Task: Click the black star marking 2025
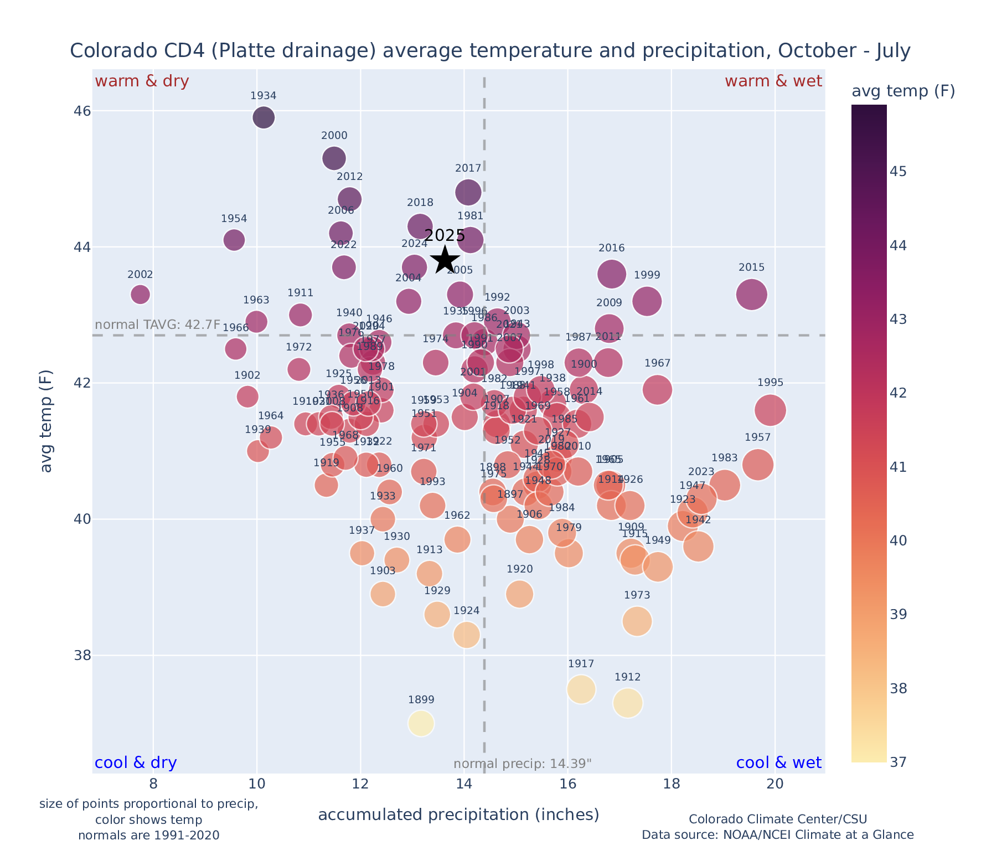point(445,260)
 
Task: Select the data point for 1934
point(264,117)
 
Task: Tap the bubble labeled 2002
point(140,294)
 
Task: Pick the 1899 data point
point(421,723)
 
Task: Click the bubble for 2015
point(751,294)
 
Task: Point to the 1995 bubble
point(770,410)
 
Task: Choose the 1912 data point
point(627,703)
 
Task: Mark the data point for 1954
point(234,240)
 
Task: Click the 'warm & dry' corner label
point(142,81)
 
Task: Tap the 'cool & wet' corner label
point(778,763)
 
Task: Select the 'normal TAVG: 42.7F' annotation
point(158,324)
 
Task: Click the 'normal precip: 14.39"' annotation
point(522,764)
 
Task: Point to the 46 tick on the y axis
point(82,111)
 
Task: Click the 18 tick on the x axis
point(671,785)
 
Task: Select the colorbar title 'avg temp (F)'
point(903,91)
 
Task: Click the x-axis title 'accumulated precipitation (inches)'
point(458,815)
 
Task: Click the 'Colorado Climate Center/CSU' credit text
point(777,819)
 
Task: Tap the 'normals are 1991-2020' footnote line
point(148,835)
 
